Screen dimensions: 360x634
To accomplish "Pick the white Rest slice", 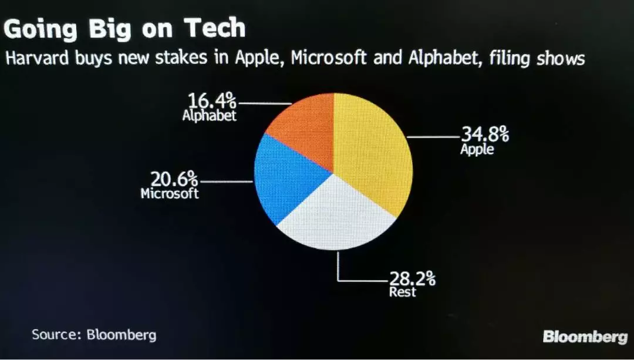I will tap(335, 217).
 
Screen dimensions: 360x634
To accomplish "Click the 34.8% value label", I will tap(484, 134).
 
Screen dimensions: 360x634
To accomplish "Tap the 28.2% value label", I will tap(412, 278).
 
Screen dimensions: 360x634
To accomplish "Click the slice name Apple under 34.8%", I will tap(477, 149).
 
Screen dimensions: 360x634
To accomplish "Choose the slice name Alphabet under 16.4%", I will tap(209, 116).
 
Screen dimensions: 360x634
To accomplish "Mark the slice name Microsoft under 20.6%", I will tap(170, 193).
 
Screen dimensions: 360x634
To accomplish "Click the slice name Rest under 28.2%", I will tap(402, 292).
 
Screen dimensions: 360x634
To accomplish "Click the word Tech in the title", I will tap(214, 28).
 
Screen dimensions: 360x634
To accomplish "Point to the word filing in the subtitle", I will tap(504, 59).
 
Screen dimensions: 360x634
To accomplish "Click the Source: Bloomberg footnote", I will tap(94, 335).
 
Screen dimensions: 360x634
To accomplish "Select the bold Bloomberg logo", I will tap(585, 337).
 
